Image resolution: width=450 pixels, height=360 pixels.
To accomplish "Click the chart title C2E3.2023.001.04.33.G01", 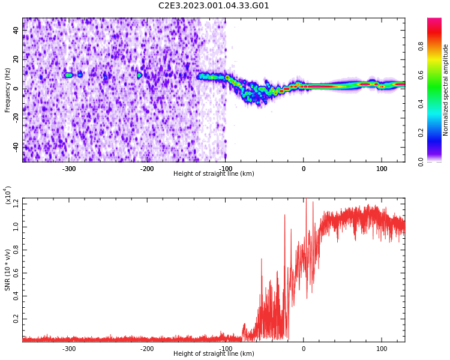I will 214,6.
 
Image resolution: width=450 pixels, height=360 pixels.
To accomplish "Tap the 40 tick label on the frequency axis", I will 16,31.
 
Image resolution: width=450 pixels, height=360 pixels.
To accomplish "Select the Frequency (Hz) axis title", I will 8,90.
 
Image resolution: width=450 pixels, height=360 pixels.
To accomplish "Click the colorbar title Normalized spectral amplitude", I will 446,90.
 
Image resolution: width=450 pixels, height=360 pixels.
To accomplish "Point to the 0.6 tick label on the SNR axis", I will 16,273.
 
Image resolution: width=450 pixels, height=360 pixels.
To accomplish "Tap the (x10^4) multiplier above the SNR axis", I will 8,196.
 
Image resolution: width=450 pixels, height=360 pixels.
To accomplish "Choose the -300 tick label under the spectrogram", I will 69,169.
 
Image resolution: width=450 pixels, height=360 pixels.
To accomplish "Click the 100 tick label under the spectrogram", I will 382,169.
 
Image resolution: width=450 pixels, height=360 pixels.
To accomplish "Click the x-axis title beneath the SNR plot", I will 214,354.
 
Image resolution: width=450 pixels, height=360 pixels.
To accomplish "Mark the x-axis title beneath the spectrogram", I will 214,174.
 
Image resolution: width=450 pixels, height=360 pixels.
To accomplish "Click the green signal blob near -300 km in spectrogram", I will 68,76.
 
